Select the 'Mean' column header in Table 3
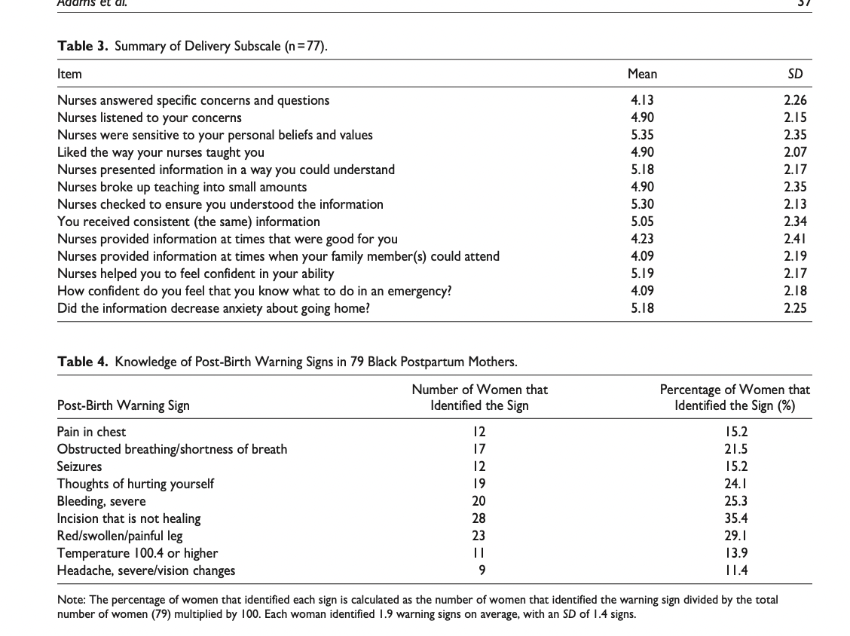coord(642,74)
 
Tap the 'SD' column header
coord(795,74)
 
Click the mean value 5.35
coord(642,135)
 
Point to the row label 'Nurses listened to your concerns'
coord(149,118)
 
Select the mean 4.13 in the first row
coord(642,100)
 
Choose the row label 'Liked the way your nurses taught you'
coord(161,152)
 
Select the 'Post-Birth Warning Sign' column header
coord(124,405)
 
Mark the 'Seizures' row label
coord(79,466)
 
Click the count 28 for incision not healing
coord(479,518)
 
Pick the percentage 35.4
coord(735,518)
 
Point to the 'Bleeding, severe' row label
coord(102,501)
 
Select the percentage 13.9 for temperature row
coord(735,553)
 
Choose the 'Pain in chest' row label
coord(91,432)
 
